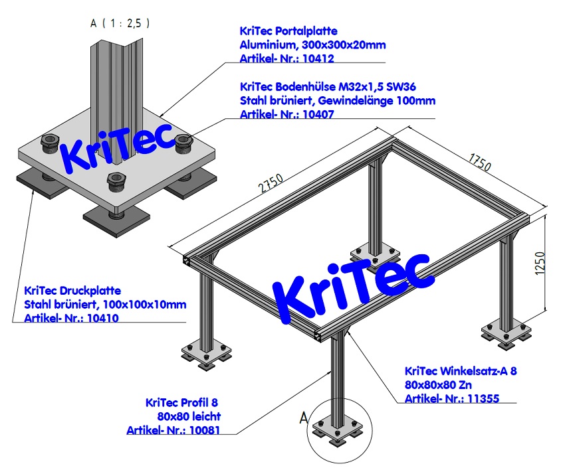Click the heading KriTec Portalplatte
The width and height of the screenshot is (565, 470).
click(x=288, y=31)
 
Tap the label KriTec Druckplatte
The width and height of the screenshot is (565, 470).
click(x=72, y=291)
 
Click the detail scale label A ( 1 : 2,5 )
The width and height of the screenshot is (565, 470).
click(x=120, y=23)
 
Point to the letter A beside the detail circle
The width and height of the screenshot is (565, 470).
click(x=303, y=418)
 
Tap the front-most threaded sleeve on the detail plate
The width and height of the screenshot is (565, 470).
click(x=117, y=179)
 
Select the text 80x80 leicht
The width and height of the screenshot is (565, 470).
click(x=188, y=416)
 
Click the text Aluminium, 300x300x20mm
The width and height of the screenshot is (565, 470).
click(x=312, y=44)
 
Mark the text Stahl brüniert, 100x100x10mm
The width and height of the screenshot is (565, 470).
click(x=105, y=305)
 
